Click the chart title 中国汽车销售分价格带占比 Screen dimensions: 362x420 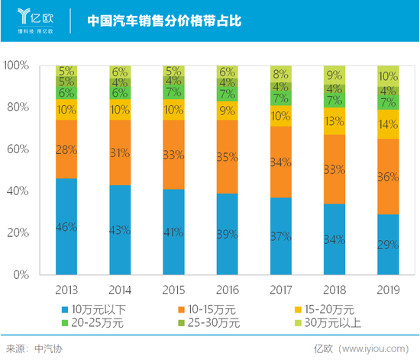coord(163,21)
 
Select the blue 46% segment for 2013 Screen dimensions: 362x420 coord(66,226)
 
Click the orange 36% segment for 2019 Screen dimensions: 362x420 coord(388,177)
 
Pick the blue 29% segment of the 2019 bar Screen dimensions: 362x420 coord(388,244)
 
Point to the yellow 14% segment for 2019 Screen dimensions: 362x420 coord(388,124)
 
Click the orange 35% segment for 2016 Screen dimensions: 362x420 coord(228,157)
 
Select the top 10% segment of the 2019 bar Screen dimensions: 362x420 coord(388,76)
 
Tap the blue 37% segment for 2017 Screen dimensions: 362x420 coord(281,235)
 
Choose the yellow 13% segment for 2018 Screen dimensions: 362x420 coord(334,121)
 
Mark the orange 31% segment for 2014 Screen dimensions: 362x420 coord(120,153)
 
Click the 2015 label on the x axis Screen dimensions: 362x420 coord(174,289)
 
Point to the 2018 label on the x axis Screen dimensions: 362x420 coord(334,289)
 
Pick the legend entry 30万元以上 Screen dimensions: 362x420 coord(324,322)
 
